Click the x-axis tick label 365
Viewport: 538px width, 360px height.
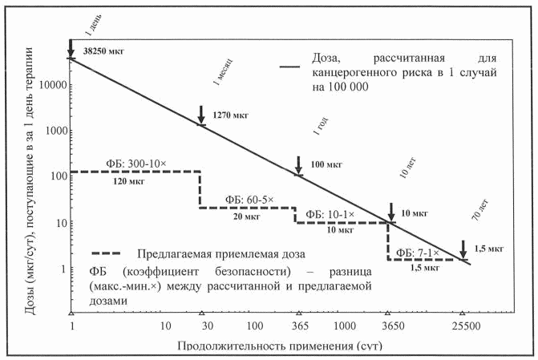(298, 326)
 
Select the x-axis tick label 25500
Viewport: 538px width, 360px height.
(463, 326)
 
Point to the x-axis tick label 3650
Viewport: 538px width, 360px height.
(388, 326)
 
